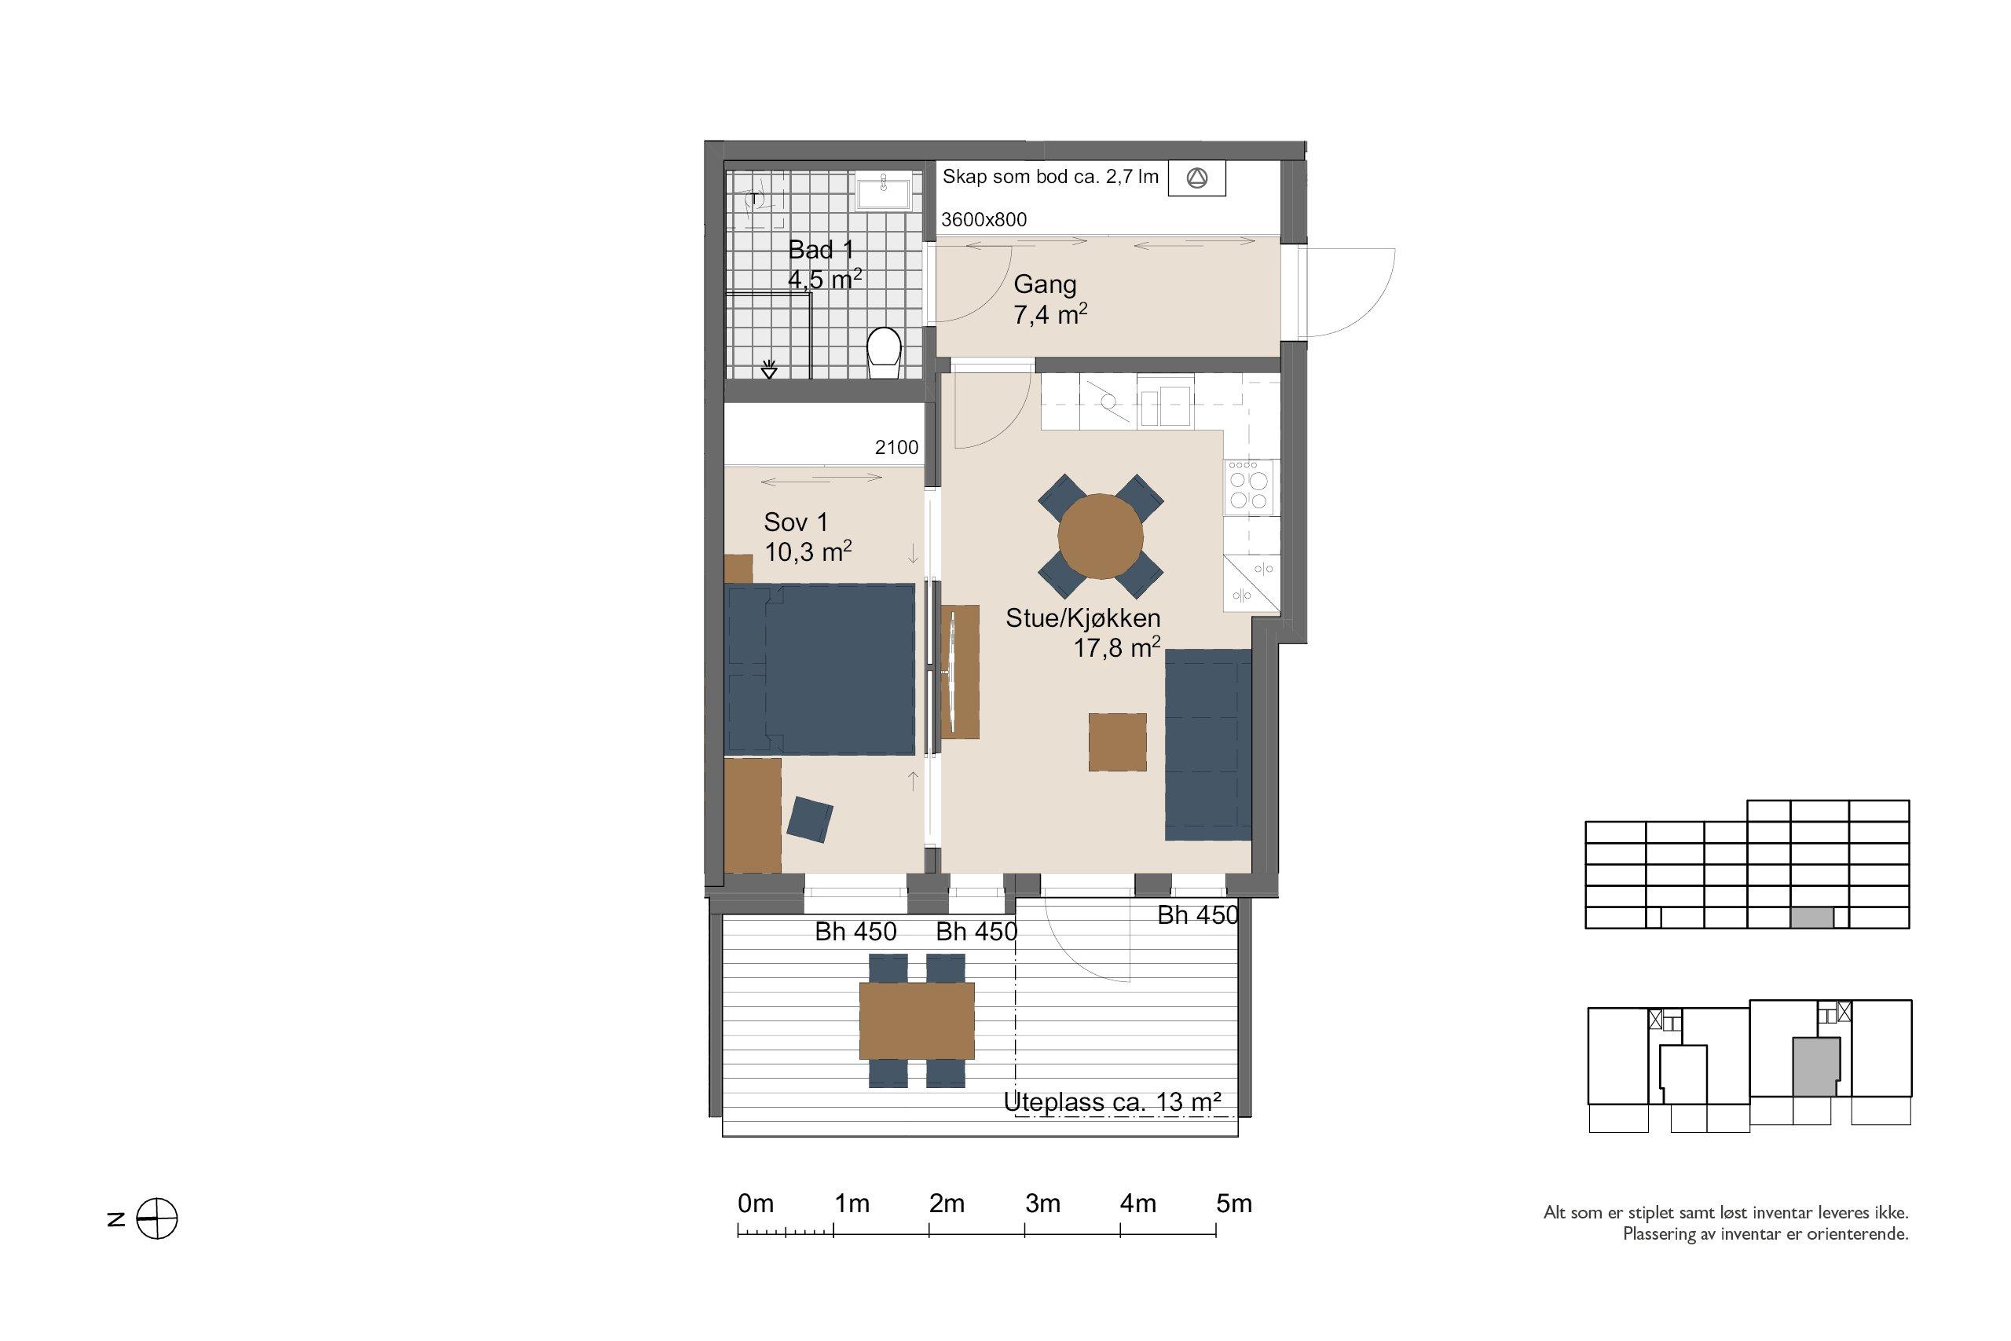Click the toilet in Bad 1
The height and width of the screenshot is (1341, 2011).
[884, 354]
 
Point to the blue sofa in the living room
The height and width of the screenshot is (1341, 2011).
[1208, 744]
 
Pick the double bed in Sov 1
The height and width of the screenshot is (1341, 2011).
[819, 669]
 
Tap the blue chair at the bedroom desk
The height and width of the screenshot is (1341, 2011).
[810, 819]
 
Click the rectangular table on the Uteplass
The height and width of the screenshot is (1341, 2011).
[917, 1020]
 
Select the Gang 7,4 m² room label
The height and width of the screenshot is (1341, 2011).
[1050, 299]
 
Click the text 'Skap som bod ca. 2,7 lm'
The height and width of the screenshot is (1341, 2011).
[1050, 177]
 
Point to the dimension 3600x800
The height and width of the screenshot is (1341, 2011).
[984, 220]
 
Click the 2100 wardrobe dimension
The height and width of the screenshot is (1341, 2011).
[896, 447]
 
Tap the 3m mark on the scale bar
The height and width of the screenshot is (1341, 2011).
[1024, 1232]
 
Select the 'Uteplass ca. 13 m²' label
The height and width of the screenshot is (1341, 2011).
[1112, 1102]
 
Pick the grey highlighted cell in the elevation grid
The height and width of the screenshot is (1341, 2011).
[1811, 918]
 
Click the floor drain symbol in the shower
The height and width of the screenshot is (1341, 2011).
[769, 369]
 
